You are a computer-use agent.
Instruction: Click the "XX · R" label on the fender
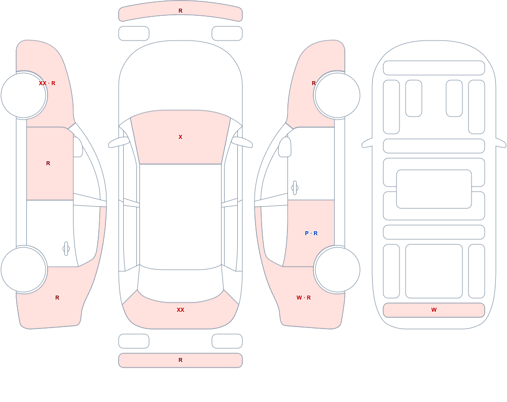pos(47,83)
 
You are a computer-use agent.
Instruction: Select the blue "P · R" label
pos(311,233)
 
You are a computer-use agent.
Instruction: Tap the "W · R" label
pos(304,298)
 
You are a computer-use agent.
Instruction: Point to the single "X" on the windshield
pos(180,137)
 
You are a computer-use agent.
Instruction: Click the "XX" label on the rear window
pos(180,310)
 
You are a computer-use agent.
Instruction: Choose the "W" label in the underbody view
pos(434,310)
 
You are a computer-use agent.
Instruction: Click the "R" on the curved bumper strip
pos(180,11)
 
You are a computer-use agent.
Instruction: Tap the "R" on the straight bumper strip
pos(180,360)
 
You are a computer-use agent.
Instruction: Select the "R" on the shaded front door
pos(48,163)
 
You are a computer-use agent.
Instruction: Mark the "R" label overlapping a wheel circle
pos(314,83)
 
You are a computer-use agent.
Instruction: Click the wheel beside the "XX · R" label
pos(24,95)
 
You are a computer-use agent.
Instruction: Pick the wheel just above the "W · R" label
pos(337,269)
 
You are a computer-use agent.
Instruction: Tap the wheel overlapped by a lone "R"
pos(337,95)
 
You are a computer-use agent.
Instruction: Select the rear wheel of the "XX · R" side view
pos(24,269)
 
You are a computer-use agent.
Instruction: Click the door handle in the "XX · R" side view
pos(66,249)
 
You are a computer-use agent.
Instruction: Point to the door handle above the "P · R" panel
pos(295,188)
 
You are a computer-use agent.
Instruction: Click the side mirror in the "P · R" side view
pos(285,147)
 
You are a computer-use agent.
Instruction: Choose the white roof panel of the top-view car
pos(180,216)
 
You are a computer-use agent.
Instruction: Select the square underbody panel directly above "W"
pos(434,271)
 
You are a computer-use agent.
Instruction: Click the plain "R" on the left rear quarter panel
pos(57,298)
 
